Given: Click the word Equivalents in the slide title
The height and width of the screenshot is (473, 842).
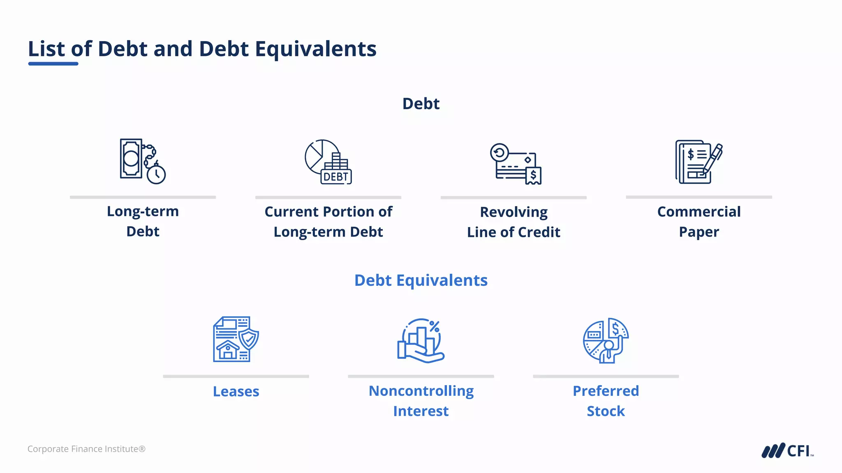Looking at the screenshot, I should [315, 49].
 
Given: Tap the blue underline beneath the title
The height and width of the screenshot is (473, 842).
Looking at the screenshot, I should [53, 64].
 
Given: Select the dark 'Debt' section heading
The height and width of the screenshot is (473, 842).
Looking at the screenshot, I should [421, 104].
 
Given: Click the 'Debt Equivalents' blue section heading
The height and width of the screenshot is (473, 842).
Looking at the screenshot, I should [421, 280].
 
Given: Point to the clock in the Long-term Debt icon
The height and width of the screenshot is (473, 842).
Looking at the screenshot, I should [156, 175].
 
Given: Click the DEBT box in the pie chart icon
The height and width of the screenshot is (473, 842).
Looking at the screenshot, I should [336, 177].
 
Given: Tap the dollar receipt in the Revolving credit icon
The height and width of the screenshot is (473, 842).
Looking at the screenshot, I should [533, 176].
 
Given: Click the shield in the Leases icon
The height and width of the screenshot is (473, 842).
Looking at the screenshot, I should [249, 339].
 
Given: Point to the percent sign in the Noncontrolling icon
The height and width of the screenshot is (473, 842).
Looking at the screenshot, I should [434, 326].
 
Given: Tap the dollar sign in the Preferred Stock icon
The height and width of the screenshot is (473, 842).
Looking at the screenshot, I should [615, 328].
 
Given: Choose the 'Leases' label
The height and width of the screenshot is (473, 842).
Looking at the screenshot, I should [236, 392].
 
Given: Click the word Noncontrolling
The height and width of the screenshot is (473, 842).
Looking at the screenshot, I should [421, 391].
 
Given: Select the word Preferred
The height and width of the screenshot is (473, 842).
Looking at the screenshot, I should [606, 391].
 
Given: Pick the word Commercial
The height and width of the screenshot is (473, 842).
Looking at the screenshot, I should [699, 212].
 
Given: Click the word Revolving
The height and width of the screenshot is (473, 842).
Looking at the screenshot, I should [514, 212].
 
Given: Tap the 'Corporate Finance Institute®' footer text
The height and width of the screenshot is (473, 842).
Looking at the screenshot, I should [86, 449].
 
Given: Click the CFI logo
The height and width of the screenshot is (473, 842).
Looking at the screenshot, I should [787, 451].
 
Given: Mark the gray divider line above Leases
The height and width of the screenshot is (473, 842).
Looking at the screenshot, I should [236, 376].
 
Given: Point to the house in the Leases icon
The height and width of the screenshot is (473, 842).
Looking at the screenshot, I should [227, 350].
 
